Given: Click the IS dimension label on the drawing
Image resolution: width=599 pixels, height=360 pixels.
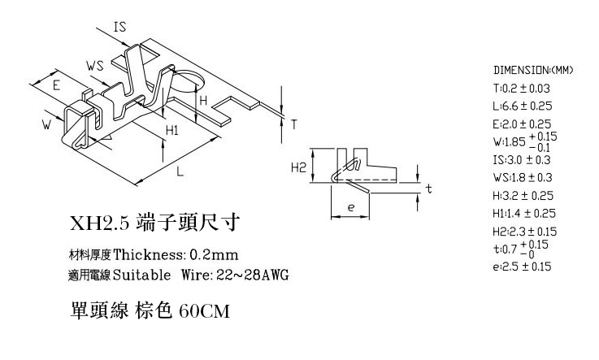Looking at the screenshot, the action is (x=119, y=27).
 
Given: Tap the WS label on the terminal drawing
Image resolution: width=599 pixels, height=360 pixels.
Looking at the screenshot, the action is (x=95, y=66).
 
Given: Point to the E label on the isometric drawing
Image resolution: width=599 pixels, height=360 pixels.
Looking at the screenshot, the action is (x=56, y=85).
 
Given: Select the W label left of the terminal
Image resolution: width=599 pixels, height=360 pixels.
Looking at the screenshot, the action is (x=46, y=124).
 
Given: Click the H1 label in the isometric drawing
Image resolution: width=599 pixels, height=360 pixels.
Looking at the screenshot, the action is (x=172, y=131).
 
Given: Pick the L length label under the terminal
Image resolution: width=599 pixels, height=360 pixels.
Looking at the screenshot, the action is (x=180, y=171).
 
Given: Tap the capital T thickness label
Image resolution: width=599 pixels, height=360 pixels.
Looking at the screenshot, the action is (x=293, y=124).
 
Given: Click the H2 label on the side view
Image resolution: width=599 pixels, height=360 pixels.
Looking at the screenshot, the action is (x=298, y=167).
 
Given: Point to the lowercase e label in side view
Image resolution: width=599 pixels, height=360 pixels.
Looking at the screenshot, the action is (x=351, y=207).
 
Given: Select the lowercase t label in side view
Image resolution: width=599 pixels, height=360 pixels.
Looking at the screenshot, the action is (x=429, y=189).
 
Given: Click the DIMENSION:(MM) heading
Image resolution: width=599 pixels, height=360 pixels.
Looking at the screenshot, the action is (x=533, y=70).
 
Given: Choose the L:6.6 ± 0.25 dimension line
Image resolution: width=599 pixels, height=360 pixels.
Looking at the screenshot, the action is (x=523, y=106).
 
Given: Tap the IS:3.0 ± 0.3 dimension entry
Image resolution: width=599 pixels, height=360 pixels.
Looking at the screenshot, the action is (x=522, y=160).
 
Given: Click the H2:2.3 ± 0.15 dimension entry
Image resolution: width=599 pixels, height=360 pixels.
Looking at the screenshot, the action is (x=524, y=232).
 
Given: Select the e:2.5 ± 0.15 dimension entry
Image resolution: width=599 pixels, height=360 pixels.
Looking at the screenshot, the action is (x=523, y=267).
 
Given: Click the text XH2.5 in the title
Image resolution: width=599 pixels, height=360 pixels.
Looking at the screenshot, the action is (x=100, y=223).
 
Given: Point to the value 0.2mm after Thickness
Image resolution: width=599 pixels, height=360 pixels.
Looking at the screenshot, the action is (x=214, y=254).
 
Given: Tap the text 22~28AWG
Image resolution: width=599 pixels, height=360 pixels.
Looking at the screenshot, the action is (x=253, y=275).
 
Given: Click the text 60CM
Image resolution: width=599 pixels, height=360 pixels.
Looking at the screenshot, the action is (x=204, y=311).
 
